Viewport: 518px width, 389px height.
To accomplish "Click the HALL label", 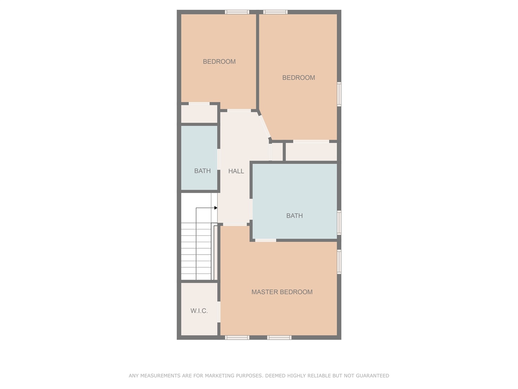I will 236,171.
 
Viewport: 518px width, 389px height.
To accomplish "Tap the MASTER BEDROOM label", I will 282,292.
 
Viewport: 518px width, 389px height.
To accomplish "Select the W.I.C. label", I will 199,311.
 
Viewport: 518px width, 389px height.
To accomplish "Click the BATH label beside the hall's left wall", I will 202,171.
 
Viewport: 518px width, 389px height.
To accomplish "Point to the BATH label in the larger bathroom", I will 294,216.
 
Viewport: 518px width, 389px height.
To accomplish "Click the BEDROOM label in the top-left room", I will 219,62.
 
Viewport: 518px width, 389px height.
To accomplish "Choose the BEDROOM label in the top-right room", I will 298,77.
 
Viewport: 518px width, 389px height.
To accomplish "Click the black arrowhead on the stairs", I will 215,208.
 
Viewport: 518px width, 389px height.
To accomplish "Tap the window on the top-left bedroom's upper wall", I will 237,12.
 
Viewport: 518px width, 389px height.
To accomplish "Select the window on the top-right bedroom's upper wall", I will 275,12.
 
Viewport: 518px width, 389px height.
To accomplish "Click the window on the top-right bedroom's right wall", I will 339,94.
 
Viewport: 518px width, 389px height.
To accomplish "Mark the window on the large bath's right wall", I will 339,223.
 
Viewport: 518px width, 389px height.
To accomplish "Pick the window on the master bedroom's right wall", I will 339,261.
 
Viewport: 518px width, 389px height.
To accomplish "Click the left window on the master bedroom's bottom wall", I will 237,337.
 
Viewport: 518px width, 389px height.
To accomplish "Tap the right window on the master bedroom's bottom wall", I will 279,337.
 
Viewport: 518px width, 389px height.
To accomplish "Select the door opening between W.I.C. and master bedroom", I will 219,312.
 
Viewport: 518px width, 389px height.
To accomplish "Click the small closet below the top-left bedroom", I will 199,114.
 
